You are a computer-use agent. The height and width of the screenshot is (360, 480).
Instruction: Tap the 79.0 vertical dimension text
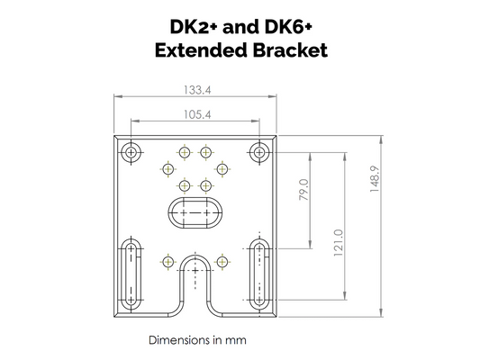pos(303,193)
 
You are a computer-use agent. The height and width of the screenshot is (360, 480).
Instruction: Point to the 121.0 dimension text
pos(339,241)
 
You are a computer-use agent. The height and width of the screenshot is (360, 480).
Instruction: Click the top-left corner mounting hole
pos(132,152)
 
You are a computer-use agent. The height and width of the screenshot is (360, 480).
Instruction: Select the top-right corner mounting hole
pos(259,152)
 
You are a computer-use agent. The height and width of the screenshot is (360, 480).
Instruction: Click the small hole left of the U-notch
pos(168,262)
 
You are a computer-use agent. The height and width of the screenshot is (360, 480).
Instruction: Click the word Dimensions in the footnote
pos(179,342)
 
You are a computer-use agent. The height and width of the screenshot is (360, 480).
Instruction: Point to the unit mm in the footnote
pos(237,342)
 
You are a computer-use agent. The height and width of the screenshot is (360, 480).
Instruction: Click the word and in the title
pos(242,25)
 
